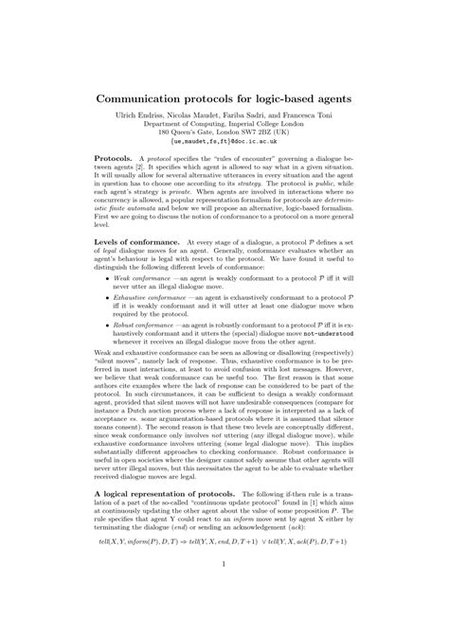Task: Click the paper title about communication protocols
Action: pos(224,97)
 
